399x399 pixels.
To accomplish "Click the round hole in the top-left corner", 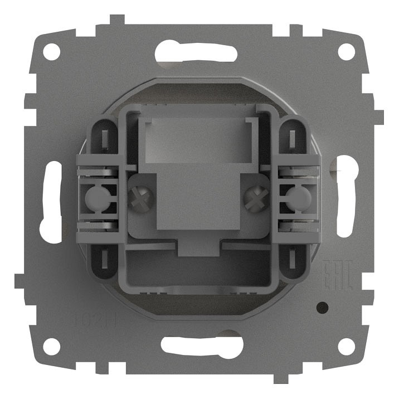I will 51,52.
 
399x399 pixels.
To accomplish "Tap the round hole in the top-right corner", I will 346,52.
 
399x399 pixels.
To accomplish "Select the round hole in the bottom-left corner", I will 51,346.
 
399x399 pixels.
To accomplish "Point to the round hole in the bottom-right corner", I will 346,346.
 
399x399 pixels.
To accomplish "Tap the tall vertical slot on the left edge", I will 51,201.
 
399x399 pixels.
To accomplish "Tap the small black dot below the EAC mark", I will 322,306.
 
